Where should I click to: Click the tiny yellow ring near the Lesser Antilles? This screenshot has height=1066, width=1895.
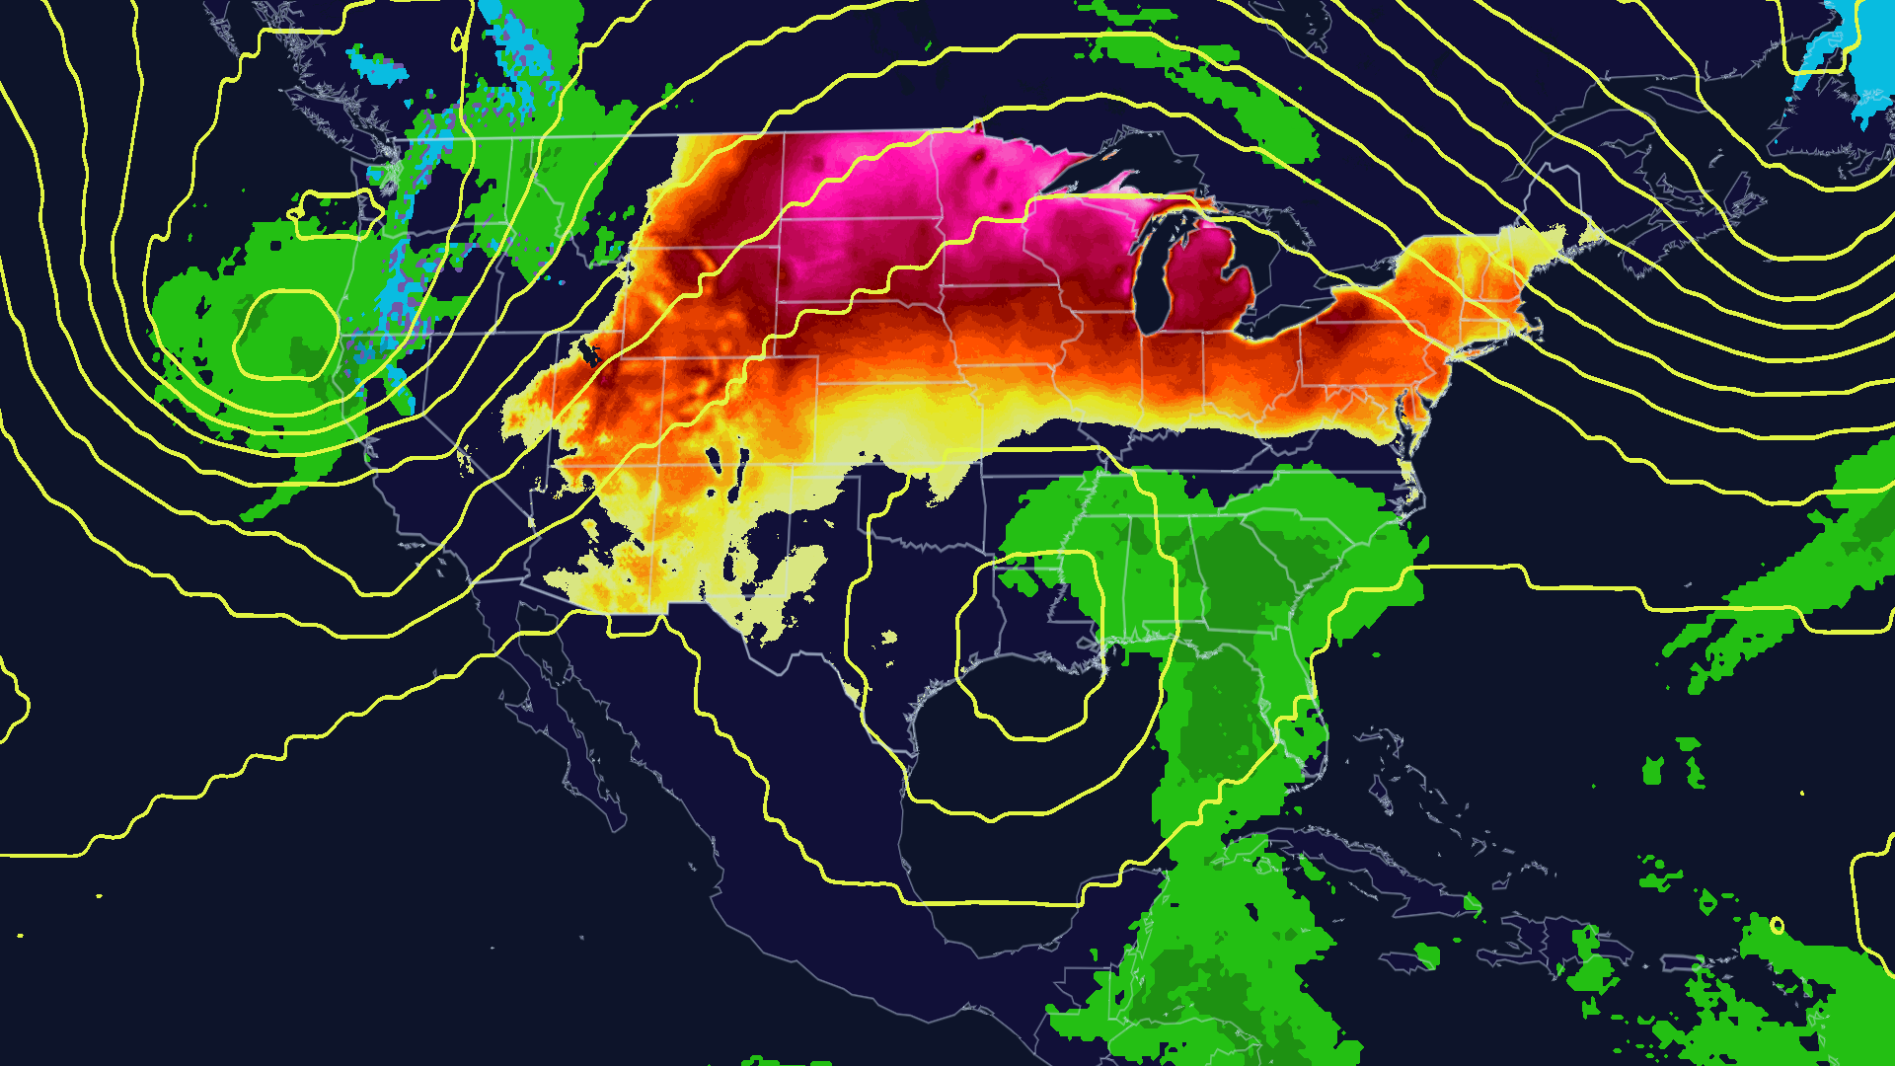point(1777,926)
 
